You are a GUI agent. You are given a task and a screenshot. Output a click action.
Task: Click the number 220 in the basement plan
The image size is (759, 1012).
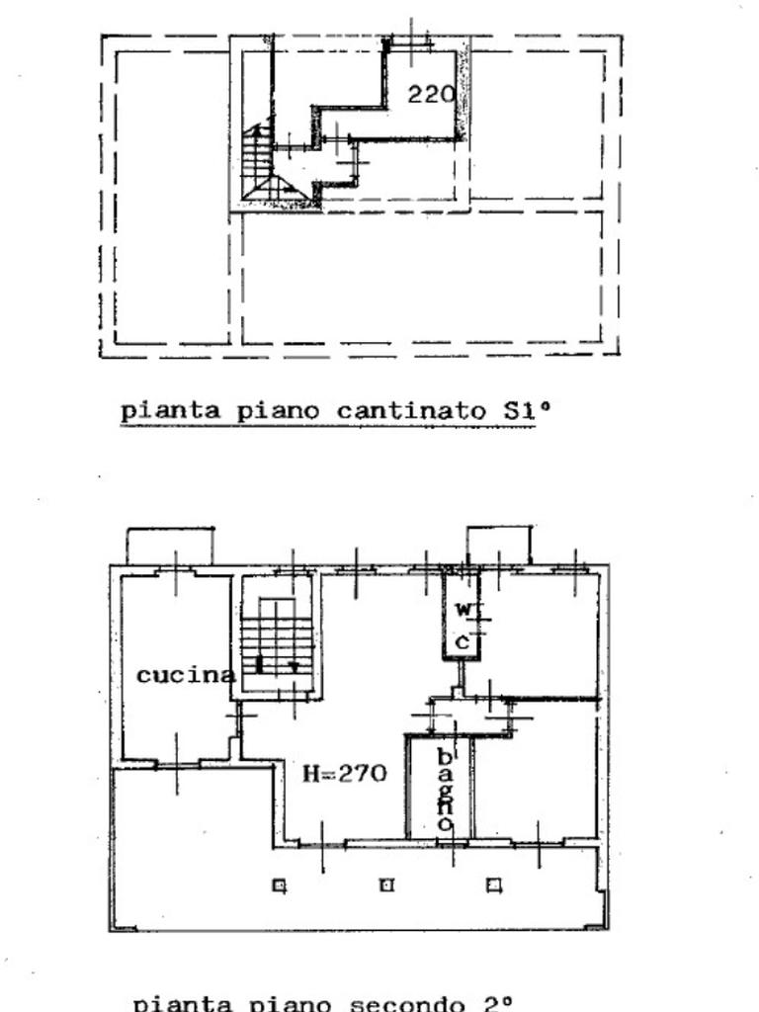pos(431,95)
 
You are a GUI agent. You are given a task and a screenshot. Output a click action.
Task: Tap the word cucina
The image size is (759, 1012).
pos(186,676)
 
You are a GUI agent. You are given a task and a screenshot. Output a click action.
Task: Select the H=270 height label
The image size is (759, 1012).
pos(344,774)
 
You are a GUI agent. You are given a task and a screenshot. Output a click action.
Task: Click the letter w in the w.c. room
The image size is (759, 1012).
pos(463,610)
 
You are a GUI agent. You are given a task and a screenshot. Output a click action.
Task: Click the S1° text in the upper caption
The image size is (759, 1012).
pos(513,411)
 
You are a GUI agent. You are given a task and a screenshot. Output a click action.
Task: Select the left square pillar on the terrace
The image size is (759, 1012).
pos(280,885)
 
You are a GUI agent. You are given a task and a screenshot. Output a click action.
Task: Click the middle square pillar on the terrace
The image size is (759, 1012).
pos(387,885)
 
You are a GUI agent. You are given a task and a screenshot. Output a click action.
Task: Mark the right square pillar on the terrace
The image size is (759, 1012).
pos(494,885)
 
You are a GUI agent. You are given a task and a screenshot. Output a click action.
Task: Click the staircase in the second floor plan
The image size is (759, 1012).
pos(278,637)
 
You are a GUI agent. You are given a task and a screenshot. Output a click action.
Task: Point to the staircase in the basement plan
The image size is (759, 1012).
pos(260,163)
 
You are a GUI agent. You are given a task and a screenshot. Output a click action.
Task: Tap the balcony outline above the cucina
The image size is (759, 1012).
pos(170,546)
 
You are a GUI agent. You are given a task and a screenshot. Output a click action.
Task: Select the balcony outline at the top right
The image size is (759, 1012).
pos(499,545)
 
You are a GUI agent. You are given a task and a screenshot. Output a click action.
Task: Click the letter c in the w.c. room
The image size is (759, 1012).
pos(463,642)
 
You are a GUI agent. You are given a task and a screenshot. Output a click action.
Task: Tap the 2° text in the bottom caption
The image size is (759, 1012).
pos(496,1002)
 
